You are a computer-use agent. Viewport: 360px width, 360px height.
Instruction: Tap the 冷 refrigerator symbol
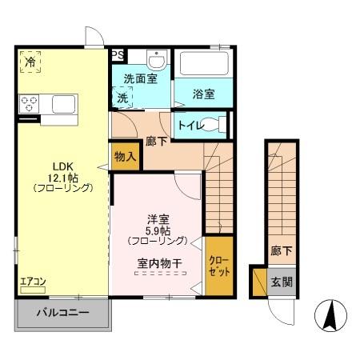click(x=30, y=62)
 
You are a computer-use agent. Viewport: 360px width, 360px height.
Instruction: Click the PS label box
click(x=118, y=55)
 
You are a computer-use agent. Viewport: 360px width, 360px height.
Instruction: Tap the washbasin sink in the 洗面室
click(x=156, y=60)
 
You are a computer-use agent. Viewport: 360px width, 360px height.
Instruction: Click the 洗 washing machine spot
click(x=123, y=98)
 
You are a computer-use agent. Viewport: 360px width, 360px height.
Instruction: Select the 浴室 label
click(x=203, y=94)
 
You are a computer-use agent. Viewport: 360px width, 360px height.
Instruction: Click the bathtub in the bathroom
click(x=203, y=65)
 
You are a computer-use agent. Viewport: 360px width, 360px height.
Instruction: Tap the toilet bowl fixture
click(x=212, y=125)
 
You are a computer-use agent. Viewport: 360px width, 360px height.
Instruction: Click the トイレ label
click(x=189, y=125)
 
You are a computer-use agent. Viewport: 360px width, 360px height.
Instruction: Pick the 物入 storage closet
click(x=124, y=156)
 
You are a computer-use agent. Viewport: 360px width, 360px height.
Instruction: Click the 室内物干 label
click(x=157, y=261)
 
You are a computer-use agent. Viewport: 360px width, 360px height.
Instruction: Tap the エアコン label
click(x=34, y=282)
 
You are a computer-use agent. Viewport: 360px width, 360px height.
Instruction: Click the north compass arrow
click(x=328, y=315)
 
